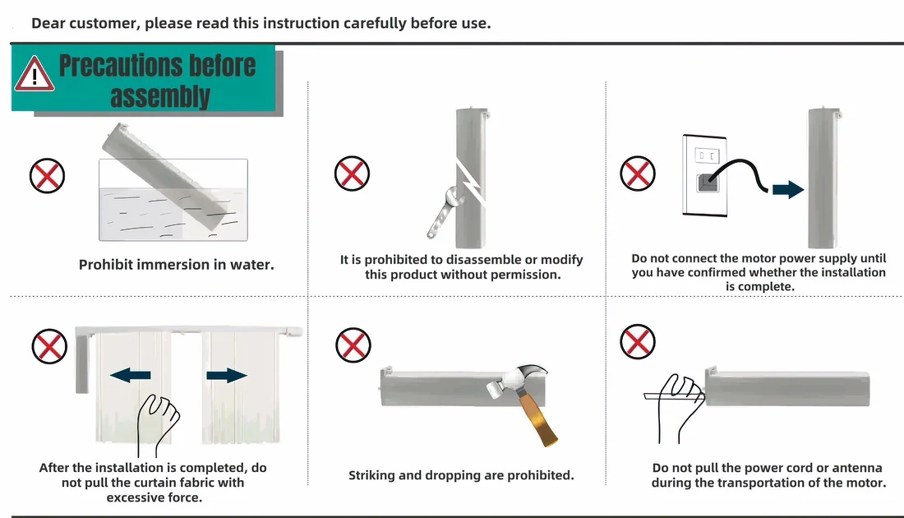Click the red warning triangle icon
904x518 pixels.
coord(35,75)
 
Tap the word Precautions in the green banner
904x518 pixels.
coord(158,65)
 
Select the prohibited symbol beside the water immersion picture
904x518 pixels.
coord(48,176)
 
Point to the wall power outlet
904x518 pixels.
coord(704,175)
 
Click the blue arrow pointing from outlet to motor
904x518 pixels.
coord(788,189)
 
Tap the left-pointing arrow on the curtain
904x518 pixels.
coord(131,376)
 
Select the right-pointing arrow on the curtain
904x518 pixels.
coord(227,376)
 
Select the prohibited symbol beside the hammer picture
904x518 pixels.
coord(353,345)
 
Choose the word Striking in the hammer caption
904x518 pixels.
coord(371,475)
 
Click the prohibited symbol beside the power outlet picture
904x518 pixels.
coord(638,173)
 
